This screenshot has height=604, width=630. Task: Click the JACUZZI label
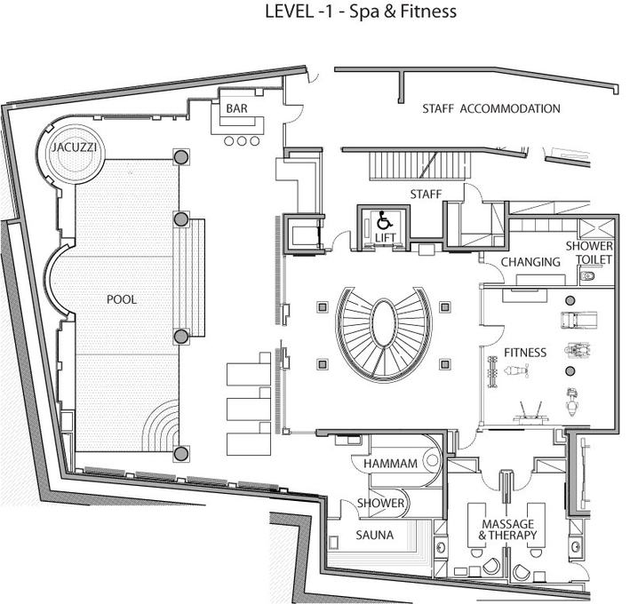[x=74, y=147]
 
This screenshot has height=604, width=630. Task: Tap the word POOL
[x=122, y=299]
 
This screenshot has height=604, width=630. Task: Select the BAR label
[x=236, y=108]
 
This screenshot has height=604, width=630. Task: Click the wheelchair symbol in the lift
[x=385, y=220]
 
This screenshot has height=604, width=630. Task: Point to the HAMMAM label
[x=390, y=464]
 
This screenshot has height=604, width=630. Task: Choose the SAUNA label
[x=374, y=535]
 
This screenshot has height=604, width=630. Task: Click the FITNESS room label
[x=525, y=353]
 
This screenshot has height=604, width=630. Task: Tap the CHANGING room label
[x=530, y=262]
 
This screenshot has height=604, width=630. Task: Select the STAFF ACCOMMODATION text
[x=491, y=108]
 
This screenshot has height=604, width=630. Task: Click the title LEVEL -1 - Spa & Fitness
[x=361, y=12]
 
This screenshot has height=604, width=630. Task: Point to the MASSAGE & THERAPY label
[x=508, y=529]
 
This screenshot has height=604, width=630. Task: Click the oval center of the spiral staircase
[x=384, y=327]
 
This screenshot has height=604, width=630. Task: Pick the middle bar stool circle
[x=242, y=141]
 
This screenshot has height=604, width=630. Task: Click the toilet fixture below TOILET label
[x=587, y=276]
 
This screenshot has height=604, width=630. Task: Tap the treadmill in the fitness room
[x=578, y=320]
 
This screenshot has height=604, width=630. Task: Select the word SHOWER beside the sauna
[x=380, y=503]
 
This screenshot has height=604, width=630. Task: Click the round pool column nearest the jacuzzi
[x=180, y=157]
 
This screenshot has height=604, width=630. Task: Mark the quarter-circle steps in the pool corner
[x=161, y=426]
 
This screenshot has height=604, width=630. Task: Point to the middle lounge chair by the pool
[x=249, y=405]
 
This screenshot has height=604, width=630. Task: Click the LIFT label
[x=386, y=238]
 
